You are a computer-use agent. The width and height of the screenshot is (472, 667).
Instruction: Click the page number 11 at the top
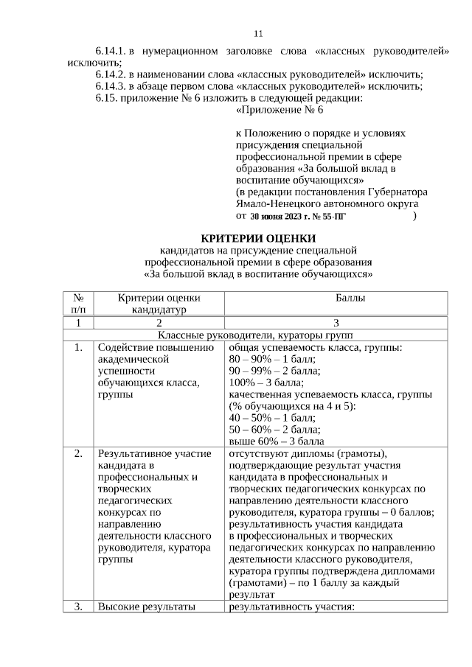pos(258,34)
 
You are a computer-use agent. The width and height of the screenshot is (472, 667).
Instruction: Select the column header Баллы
pos(335,298)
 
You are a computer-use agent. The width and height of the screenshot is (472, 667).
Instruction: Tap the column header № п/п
pos(77,304)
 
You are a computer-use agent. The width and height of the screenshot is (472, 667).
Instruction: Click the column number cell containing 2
pos(158,323)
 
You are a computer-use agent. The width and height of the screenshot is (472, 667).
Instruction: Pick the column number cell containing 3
pos(336,323)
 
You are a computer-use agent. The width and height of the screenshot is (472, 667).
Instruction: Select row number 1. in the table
pos(77,346)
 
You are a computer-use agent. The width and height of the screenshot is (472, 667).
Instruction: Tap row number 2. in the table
pos(77,453)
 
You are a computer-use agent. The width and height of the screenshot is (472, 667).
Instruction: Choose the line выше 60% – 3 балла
pos(277,441)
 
